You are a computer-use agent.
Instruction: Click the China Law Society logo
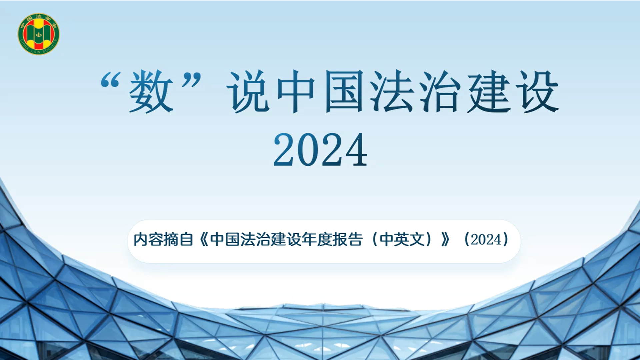point(39,34)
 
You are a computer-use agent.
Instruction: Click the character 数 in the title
point(151,91)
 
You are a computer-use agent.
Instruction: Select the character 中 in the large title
point(296,92)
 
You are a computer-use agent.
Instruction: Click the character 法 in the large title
point(392,91)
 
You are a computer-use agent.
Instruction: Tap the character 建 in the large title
point(489,91)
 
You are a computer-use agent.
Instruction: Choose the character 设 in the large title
point(537,91)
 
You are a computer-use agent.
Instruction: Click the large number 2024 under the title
point(320,149)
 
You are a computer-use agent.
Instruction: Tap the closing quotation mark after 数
point(191,80)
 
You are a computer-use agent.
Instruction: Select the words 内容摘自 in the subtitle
point(163,240)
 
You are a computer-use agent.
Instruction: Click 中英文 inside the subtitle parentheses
point(402,240)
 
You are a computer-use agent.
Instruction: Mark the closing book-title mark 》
point(445,240)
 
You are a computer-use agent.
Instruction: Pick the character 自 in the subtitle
point(186,240)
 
